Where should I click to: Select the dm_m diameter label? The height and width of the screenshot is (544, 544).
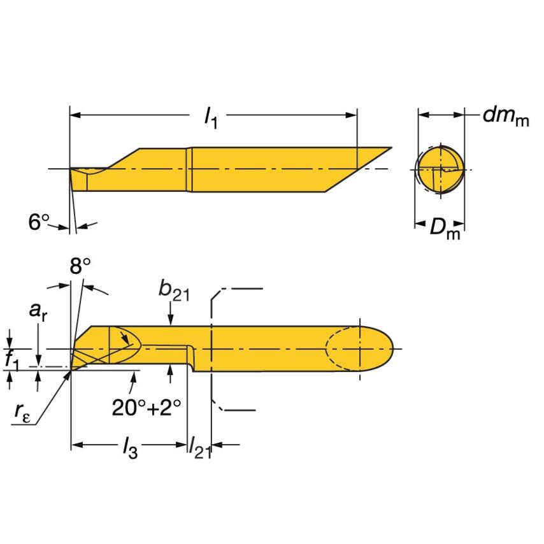pyautogui.click(x=505, y=117)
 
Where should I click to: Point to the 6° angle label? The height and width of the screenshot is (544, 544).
pyautogui.click(x=39, y=222)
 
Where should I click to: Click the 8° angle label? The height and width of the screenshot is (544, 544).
pyautogui.click(x=80, y=266)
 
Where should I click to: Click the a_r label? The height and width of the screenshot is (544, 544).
pyautogui.click(x=39, y=312)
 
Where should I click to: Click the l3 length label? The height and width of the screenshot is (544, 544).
pyautogui.click(x=130, y=450)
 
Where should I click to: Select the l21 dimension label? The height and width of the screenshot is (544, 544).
pyautogui.click(x=199, y=450)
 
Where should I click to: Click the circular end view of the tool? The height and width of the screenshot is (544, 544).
pyautogui.click(x=440, y=169)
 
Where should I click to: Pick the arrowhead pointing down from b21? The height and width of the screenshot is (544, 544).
pyautogui.click(x=170, y=322)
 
